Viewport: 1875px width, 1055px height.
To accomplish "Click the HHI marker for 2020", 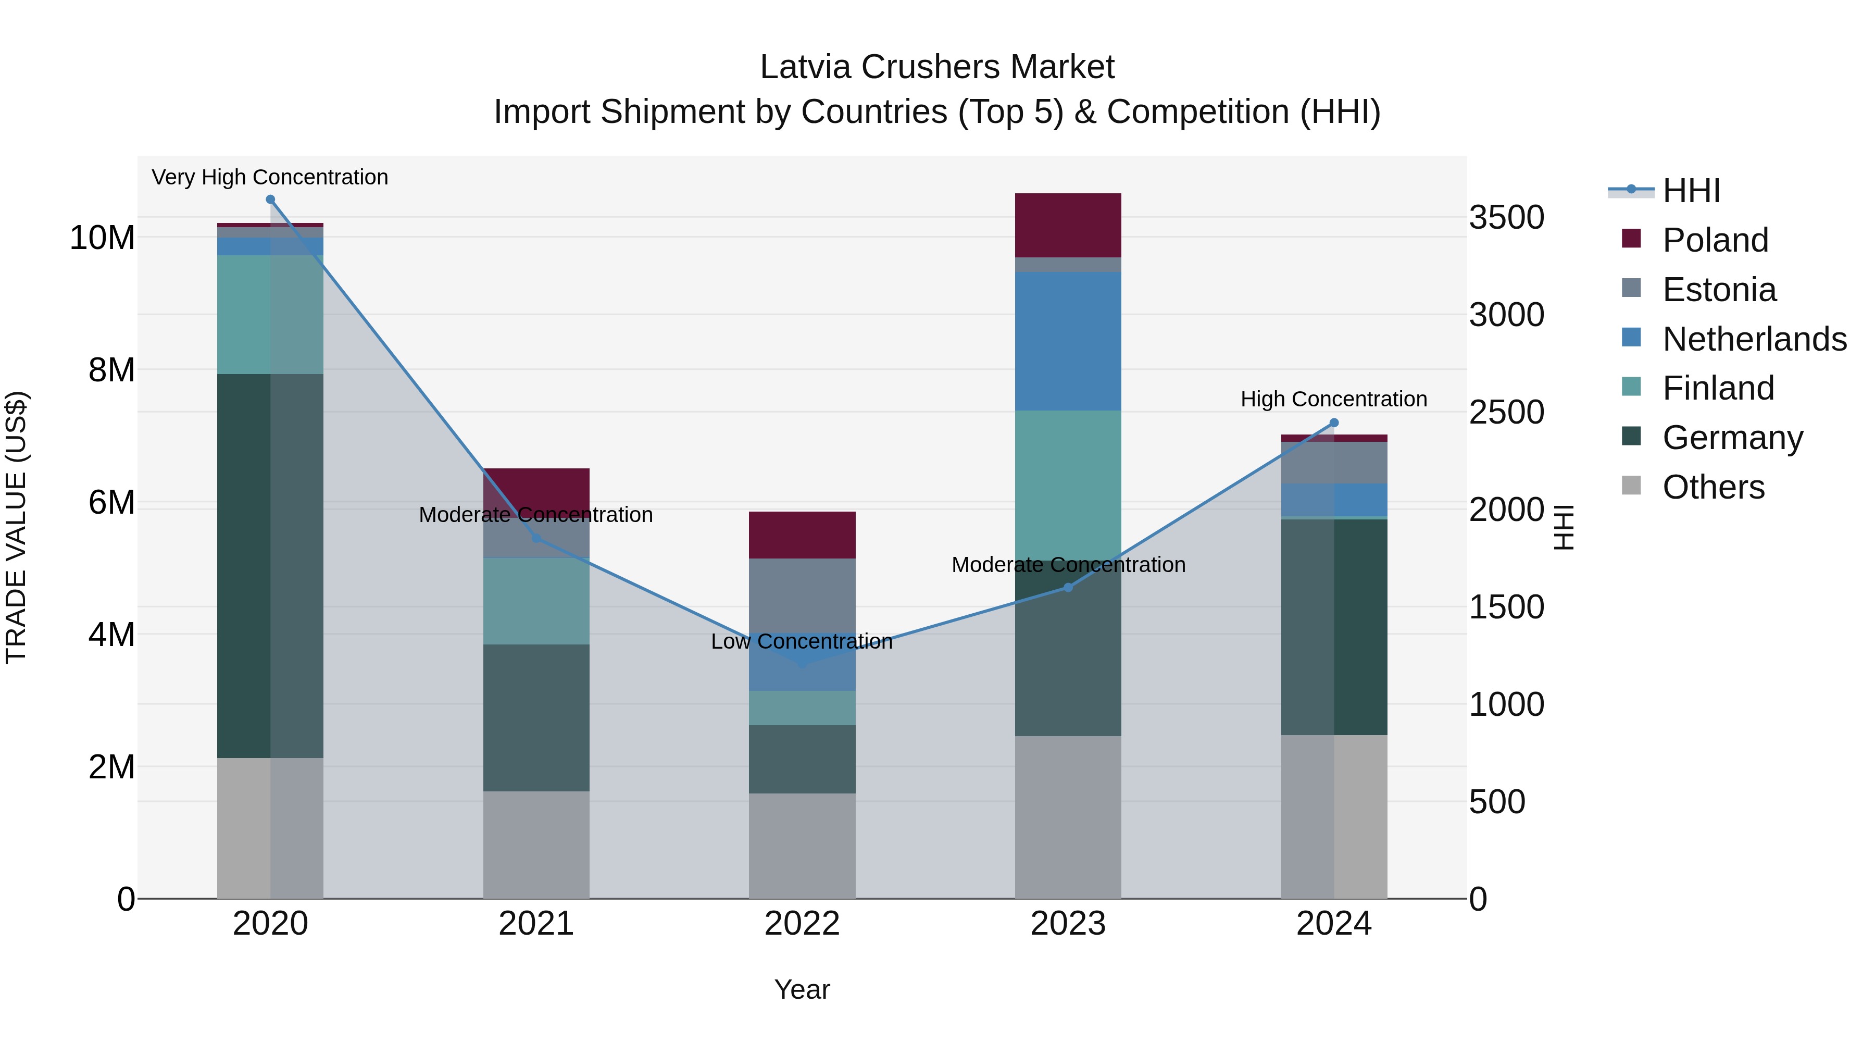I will point(270,199).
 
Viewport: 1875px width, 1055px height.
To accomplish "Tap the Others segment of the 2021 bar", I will point(536,844).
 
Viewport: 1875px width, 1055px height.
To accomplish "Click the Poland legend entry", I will point(1715,240).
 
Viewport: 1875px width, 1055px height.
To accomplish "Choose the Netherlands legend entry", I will point(1754,339).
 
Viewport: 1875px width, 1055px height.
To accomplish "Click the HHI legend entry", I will point(1691,190).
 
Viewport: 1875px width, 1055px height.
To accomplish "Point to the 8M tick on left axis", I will point(111,370).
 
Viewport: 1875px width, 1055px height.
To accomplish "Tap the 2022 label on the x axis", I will point(802,923).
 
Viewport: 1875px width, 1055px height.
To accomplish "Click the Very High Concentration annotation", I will point(270,177).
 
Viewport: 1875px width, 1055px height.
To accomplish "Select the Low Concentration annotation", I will point(802,641).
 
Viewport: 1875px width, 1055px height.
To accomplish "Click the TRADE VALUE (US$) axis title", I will point(16,527).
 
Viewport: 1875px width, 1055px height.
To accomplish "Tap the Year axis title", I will point(802,989).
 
